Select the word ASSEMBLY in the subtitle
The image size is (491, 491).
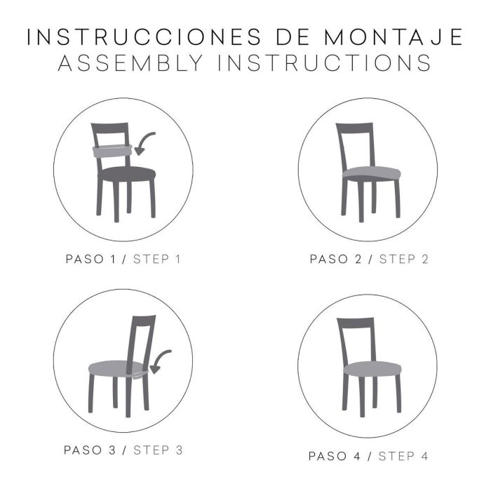tap(130, 64)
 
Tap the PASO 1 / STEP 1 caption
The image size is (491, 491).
tap(123, 260)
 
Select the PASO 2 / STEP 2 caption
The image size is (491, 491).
tap(368, 260)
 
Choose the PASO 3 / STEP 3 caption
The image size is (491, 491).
tap(123, 450)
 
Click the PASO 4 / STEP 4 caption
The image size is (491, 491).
tap(368, 456)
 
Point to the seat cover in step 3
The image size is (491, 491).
tap(116, 368)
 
